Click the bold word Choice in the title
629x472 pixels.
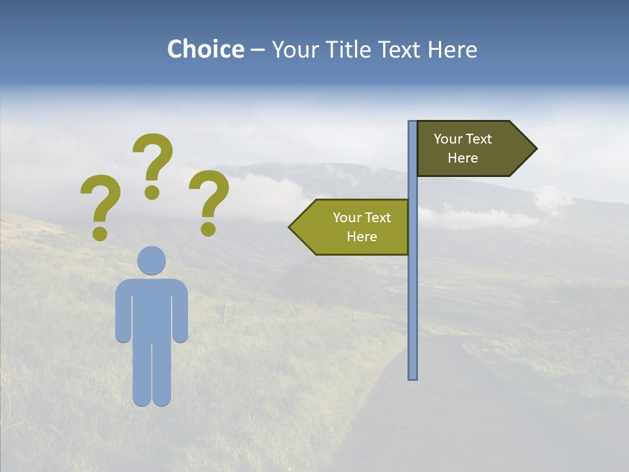(x=205, y=49)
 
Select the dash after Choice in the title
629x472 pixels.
(x=257, y=50)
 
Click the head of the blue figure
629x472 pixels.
(x=151, y=260)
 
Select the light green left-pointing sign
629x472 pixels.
(x=354, y=227)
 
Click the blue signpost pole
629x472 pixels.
(x=412, y=295)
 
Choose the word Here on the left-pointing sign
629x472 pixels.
(x=362, y=237)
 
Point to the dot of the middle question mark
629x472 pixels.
(x=152, y=191)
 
